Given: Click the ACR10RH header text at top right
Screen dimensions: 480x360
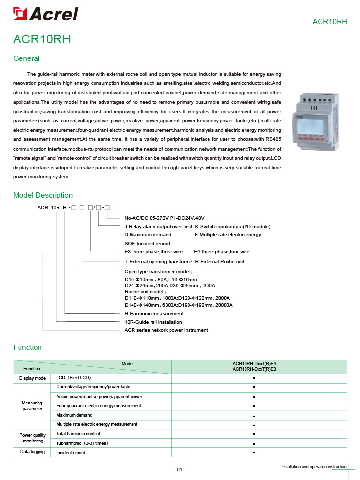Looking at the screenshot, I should click(329, 22).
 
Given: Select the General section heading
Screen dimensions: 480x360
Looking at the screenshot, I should click(26, 58).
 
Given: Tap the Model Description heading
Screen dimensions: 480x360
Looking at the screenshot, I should click(43, 195).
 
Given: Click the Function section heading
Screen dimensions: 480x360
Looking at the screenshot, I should click(27, 347).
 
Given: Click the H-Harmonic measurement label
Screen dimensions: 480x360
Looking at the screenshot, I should click(154, 314).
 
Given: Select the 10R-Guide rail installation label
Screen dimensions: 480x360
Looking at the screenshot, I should click(153, 322).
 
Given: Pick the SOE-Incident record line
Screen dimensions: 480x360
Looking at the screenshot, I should click(147, 243).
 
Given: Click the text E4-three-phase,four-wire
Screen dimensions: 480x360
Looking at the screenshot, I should click(222, 252).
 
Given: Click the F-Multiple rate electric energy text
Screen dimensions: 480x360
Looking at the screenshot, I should click(228, 235).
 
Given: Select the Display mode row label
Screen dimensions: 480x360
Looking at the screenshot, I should click(33, 378).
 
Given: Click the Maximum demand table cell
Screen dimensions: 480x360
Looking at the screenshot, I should click(74, 415).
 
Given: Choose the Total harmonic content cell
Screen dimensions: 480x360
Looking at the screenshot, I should click(78, 434).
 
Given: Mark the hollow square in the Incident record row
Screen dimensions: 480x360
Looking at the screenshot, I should click(254, 453).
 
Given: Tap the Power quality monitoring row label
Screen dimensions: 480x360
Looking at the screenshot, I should click(33, 438).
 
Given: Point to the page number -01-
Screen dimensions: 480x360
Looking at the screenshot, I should click(179, 469).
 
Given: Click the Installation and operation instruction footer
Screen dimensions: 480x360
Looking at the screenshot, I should click(314, 467).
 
